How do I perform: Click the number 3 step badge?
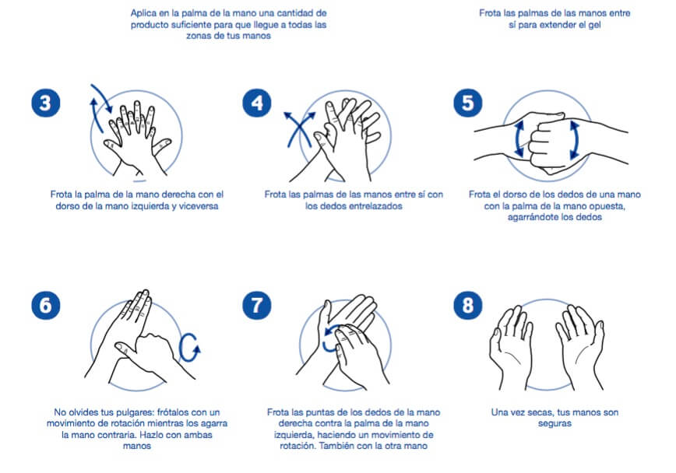click(x=46, y=103)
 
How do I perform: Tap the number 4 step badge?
click(x=257, y=103)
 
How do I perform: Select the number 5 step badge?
click(x=468, y=103)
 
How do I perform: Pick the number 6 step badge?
click(x=46, y=306)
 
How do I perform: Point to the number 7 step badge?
click(x=257, y=306)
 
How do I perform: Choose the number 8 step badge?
click(x=468, y=306)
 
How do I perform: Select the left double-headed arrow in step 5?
click(x=519, y=138)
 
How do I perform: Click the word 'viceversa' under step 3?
click(x=199, y=206)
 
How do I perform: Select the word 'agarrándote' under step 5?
click(x=531, y=217)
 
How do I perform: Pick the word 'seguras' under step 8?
click(x=555, y=423)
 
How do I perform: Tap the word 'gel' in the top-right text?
click(x=594, y=25)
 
